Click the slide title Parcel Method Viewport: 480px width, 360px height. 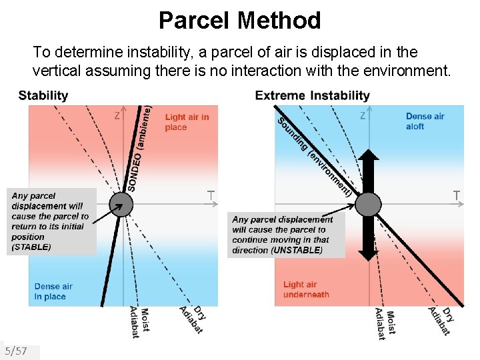(239, 21)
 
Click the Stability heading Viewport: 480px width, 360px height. (43, 95)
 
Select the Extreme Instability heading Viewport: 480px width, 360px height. (312, 95)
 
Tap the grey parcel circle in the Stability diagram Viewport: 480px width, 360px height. (121, 204)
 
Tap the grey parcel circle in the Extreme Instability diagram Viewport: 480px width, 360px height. (368, 204)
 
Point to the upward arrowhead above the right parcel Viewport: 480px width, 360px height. (368, 155)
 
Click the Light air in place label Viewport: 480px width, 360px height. (187, 122)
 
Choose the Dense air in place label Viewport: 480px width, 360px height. (53, 291)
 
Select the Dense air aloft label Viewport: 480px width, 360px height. (425, 121)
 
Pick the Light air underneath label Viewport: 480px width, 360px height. (306, 289)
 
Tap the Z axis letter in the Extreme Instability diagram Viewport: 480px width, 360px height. (363, 116)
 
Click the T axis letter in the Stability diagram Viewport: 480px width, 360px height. (210, 195)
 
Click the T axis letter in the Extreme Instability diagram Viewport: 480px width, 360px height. (457, 195)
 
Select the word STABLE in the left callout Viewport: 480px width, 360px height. (32, 247)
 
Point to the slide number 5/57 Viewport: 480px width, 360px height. (16, 351)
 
